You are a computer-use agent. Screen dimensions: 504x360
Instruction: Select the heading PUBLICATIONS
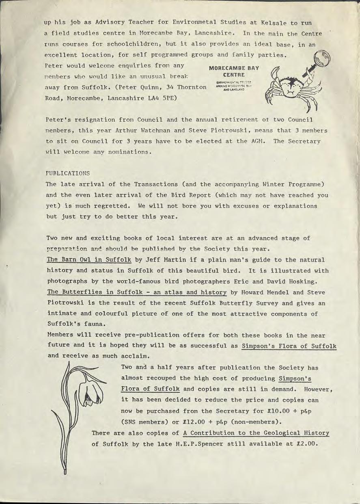point(68,173)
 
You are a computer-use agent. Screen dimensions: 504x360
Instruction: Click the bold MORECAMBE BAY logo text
point(233,68)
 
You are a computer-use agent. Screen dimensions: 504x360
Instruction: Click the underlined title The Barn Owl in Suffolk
point(89,259)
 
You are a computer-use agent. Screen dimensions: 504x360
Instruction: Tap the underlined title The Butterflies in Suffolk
point(136,292)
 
